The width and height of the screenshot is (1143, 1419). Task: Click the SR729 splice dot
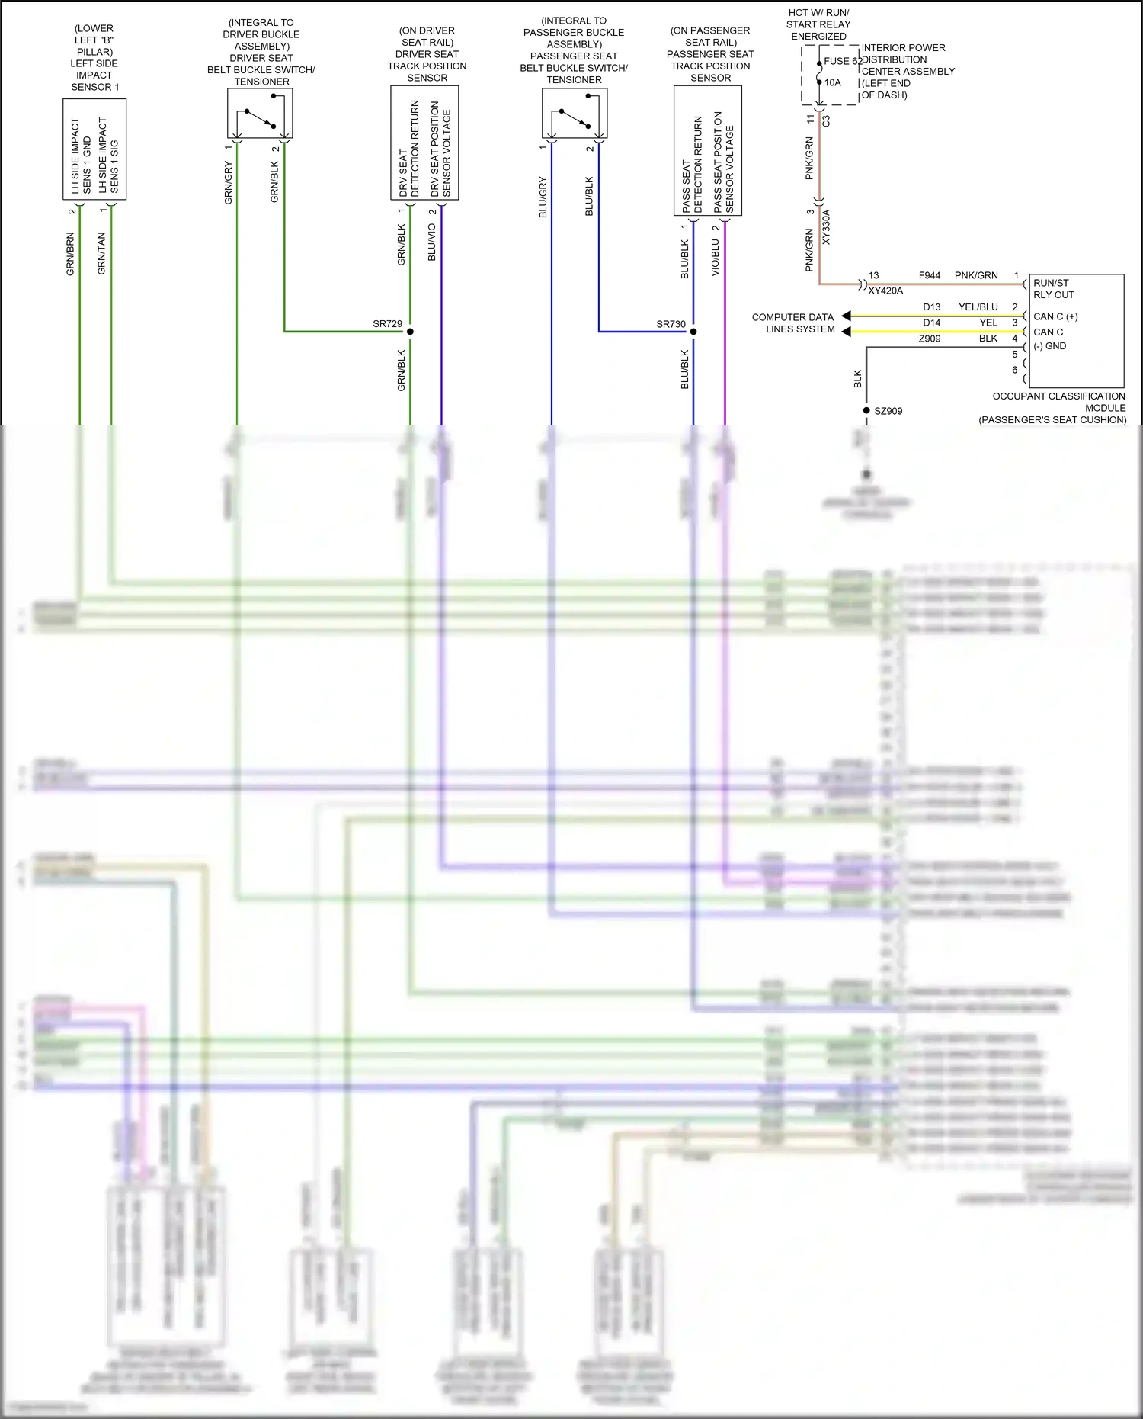click(x=410, y=332)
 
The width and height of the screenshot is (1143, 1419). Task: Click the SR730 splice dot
click(x=693, y=332)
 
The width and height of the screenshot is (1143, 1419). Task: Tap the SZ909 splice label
click(x=888, y=411)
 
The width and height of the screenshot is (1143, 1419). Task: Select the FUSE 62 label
click(x=842, y=61)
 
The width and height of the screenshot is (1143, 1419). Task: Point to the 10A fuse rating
click(x=833, y=82)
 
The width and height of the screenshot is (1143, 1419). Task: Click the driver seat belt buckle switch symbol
click(x=260, y=114)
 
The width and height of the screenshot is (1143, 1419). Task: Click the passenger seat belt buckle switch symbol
click(x=575, y=114)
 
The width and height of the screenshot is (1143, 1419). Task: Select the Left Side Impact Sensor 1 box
click(x=94, y=149)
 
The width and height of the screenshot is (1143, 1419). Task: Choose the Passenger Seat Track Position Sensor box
click(x=708, y=150)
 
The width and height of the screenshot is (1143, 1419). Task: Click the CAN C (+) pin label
click(x=1055, y=316)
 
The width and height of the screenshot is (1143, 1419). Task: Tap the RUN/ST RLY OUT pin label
click(x=1053, y=289)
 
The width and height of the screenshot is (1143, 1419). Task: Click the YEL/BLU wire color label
click(x=978, y=307)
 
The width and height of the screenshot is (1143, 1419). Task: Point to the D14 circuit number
click(x=931, y=323)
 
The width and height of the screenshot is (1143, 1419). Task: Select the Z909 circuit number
click(x=929, y=339)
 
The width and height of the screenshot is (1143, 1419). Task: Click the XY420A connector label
click(x=885, y=291)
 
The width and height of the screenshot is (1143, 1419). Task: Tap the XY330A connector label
click(x=827, y=227)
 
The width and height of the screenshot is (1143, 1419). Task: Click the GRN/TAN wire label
click(x=101, y=254)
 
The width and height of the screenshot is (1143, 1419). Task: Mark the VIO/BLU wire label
click(x=715, y=258)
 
